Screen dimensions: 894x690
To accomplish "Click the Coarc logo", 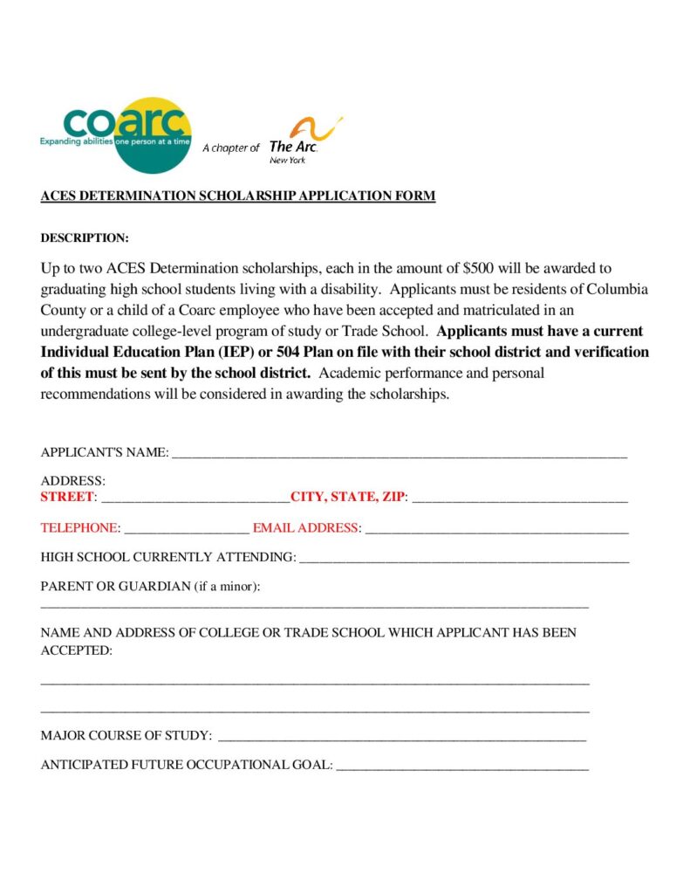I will click(x=115, y=134).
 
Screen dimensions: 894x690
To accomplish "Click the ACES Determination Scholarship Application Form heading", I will click(x=237, y=196).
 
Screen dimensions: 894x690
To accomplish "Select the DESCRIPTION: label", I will click(x=85, y=237).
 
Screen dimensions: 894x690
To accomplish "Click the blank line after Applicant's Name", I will click(x=400, y=453).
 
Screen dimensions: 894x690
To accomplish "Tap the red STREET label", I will click(x=66, y=497).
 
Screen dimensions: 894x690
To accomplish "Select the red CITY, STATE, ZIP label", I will click(x=347, y=497).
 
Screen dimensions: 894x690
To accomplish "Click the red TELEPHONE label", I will click(x=79, y=528).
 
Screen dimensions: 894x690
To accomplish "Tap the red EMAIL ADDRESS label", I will click(x=305, y=528).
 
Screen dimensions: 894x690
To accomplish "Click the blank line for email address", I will click(x=495, y=529).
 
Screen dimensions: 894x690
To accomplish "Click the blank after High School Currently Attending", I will click(x=463, y=558).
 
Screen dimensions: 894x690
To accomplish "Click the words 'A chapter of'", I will click(x=230, y=148).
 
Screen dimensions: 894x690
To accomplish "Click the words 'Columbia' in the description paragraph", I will click(x=617, y=289).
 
